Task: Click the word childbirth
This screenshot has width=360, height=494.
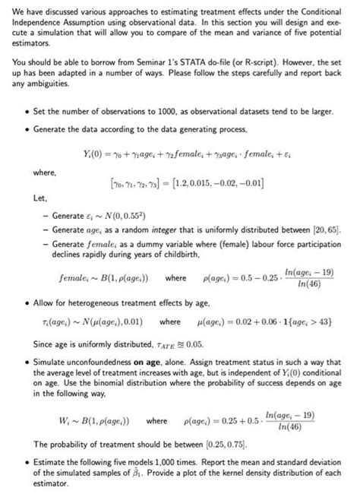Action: [171, 255]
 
